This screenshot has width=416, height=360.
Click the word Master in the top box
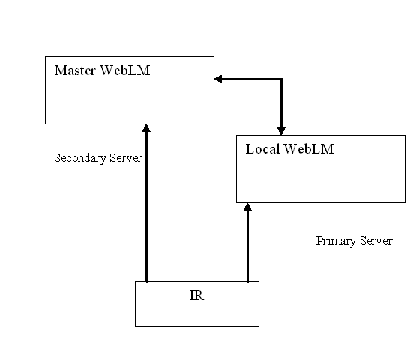coord(75,70)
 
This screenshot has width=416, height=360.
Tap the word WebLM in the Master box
coord(125,70)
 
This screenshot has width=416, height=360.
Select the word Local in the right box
coord(262,149)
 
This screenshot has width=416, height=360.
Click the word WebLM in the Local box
coord(309,149)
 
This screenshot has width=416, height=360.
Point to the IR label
coord(197,295)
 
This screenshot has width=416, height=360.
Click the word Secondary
coord(80,158)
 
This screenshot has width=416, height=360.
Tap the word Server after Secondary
coord(126,158)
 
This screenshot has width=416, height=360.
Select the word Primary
coord(336,241)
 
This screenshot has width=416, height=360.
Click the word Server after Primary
coord(376,241)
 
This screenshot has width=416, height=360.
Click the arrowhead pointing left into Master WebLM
coord(218,79)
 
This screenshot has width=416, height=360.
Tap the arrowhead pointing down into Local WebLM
coord(281,131)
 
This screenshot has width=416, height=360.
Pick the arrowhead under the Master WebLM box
coord(146,128)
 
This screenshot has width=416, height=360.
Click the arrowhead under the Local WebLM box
coord(247,207)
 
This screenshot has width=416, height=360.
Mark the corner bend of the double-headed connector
coord(281,79)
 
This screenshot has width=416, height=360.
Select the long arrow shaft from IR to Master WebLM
coord(146,207)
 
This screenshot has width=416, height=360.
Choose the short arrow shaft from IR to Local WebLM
coord(247,246)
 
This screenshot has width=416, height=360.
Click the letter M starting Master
coord(60,70)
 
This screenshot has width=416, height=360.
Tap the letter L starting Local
coord(250,149)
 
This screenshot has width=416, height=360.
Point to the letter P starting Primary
coord(319,241)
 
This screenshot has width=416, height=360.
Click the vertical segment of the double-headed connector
coord(281,104)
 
